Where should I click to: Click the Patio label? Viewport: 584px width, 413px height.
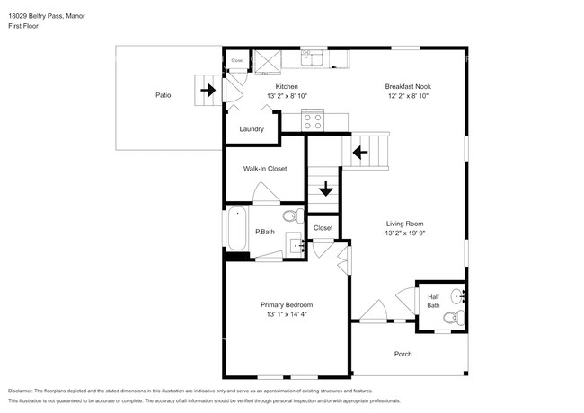point(163,94)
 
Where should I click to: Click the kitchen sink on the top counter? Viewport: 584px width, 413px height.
point(311,57)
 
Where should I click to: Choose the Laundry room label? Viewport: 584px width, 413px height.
point(252,128)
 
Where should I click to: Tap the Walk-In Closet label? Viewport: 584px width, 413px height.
point(265,168)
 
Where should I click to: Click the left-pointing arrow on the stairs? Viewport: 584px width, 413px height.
point(361,153)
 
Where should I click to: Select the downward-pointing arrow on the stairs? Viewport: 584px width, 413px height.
point(324,189)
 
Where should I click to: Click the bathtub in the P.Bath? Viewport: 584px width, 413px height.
point(237,229)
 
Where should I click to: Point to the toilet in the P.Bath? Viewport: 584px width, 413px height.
point(290,216)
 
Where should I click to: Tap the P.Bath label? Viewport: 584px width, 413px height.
point(265,232)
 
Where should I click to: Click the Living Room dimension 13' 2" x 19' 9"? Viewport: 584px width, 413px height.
point(405,233)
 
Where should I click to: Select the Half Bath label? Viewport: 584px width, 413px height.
point(433,301)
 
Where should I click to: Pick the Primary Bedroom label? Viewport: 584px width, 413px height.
point(287,305)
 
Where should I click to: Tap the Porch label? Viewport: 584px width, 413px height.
point(403,354)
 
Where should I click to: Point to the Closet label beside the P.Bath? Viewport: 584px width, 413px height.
point(323,228)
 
